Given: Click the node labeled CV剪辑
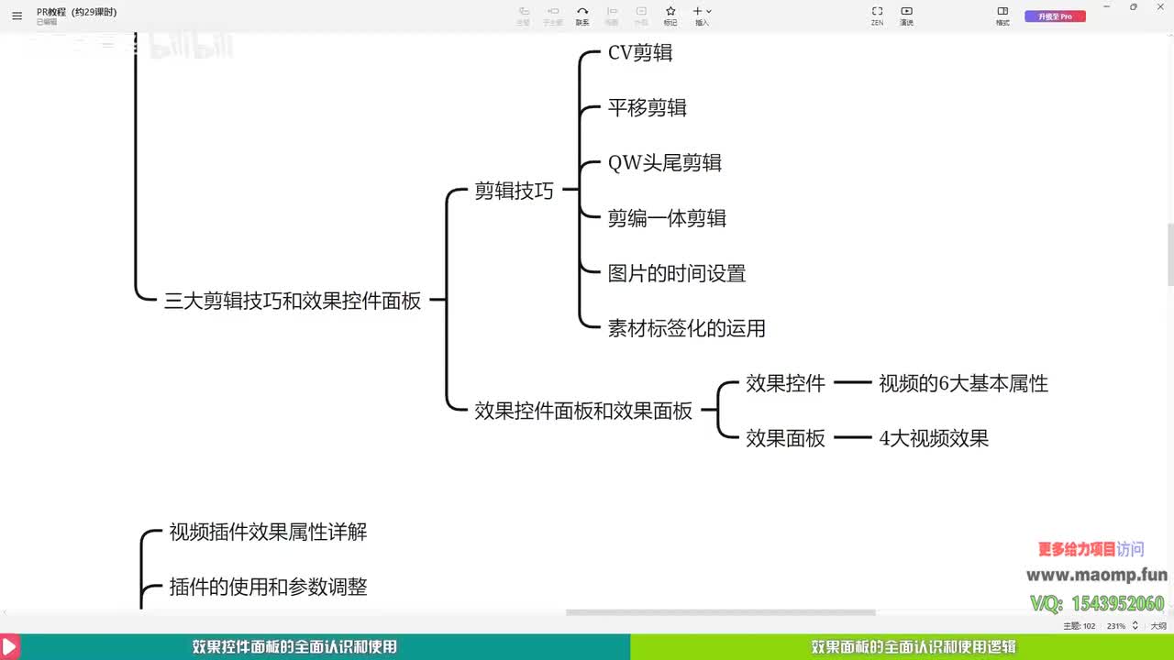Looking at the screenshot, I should point(640,53).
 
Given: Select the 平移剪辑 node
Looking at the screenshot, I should point(648,108).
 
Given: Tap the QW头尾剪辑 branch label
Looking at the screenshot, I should point(665,163).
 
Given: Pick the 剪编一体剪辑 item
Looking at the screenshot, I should point(667,218).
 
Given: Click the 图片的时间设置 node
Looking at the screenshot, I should point(677,273).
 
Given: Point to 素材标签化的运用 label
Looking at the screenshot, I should point(686,328).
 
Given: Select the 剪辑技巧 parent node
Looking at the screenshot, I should point(514,191).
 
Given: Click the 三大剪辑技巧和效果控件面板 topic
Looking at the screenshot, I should point(293,301).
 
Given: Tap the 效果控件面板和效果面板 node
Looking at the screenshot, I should point(583,411).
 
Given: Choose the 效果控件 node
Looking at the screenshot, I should point(785,383).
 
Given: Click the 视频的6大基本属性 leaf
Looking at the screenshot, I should point(963,383).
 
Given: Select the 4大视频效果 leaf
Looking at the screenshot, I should point(934,438).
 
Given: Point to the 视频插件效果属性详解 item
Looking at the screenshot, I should point(268,532).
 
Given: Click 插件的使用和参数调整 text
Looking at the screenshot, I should point(268,587).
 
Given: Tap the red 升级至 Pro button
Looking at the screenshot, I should point(1055,16).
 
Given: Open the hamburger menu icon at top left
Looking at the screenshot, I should point(17,16).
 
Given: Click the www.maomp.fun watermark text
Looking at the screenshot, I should point(1096,575).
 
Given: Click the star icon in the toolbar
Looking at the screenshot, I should point(670,11).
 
